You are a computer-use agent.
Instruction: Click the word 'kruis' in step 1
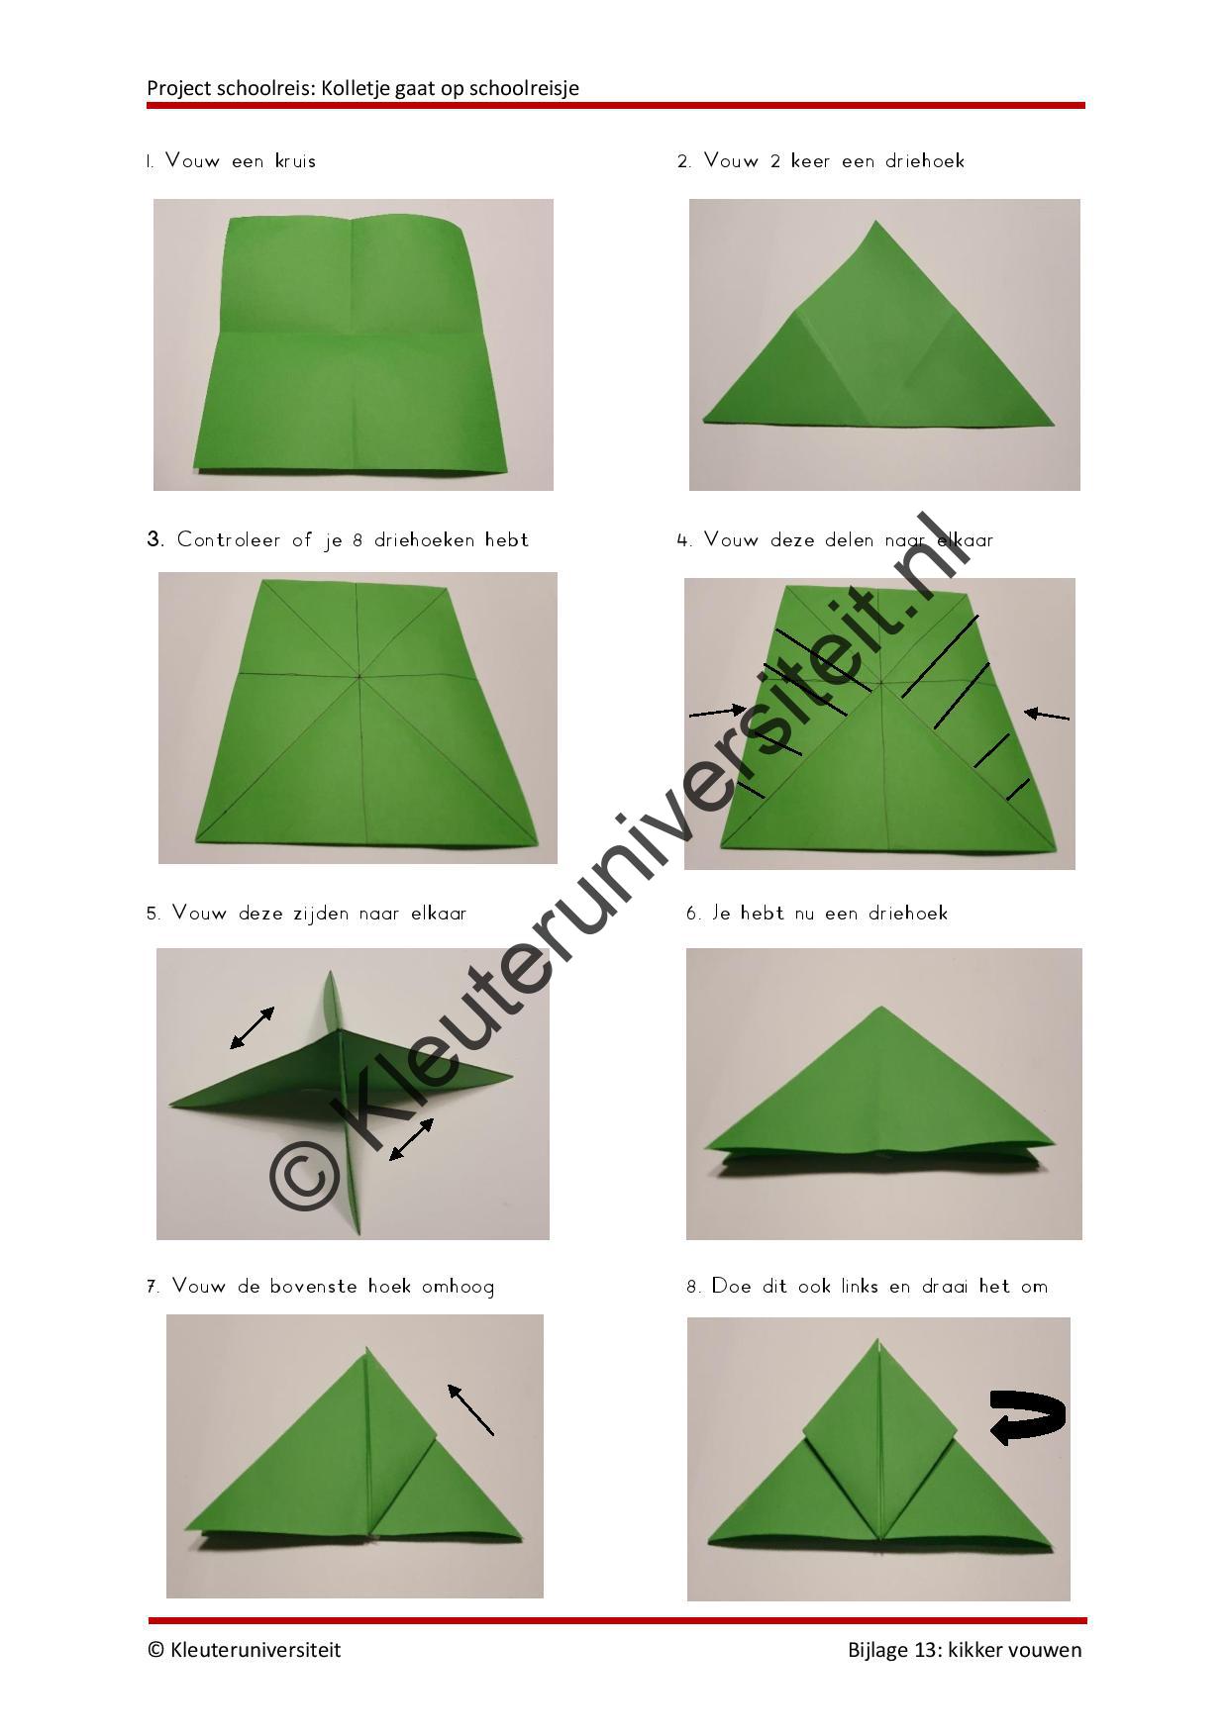click(x=295, y=160)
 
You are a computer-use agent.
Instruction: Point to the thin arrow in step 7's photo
click(x=470, y=1409)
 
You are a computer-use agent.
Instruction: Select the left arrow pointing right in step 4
click(x=718, y=710)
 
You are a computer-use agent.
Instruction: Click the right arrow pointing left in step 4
click(x=1047, y=714)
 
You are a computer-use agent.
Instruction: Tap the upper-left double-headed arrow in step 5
click(x=253, y=1027)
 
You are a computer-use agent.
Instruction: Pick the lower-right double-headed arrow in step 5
click(x=411, y=1139)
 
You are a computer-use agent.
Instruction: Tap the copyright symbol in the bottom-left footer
click(x=155, y=1650)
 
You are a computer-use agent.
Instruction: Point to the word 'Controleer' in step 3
click(x=229, y=540)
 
